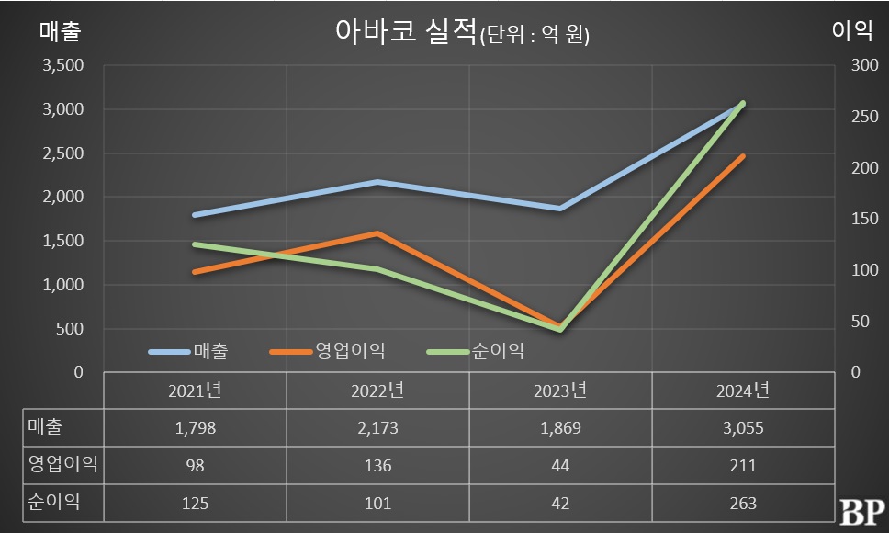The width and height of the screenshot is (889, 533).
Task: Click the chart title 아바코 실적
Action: point(403,32)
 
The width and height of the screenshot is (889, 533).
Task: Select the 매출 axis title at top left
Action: point(60,31)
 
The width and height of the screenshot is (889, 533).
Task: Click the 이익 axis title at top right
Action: point(850,31)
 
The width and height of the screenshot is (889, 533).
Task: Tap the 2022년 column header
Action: point(377,391)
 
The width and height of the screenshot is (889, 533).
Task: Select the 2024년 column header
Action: point(743,391)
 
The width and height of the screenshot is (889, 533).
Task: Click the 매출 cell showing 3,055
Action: point(743,428)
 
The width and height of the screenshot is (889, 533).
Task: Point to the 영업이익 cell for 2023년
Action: point(560,466)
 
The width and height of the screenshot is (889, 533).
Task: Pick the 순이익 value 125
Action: point(195,503)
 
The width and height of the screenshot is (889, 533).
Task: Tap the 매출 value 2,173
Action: point(377,428)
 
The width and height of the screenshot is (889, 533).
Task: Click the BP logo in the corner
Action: point(861,511)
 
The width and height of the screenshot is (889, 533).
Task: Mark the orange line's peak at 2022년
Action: point(377,233)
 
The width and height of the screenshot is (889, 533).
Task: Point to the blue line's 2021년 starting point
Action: point(195,215)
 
